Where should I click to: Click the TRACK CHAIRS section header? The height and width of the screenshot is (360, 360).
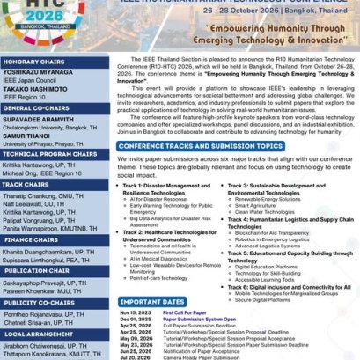pyautogui.click(x=27, y=185)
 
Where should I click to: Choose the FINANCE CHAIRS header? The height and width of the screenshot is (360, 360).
pyautogui.click(x=31, y=239)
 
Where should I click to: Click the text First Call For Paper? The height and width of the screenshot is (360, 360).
pyautogui.click(x=184, y=312)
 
